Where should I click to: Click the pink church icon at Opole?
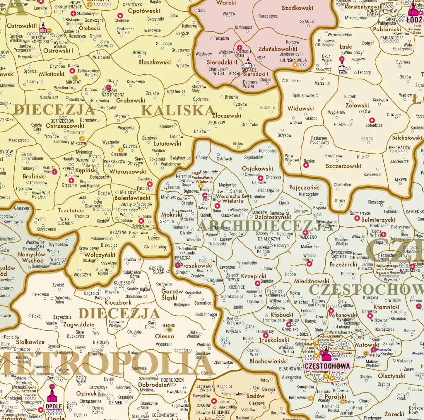52,395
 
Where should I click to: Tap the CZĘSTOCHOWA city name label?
327,366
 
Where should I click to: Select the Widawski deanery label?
300,108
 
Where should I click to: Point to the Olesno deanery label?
164,336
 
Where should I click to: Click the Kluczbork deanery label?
118,302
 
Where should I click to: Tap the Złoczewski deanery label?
227,115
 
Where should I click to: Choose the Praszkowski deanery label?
196,266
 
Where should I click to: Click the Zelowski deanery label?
357,105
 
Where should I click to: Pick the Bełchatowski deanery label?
407,138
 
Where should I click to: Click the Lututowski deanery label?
167,144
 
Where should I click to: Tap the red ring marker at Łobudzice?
372,120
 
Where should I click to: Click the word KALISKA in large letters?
178,111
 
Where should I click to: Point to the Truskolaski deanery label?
274,340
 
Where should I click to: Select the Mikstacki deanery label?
52,74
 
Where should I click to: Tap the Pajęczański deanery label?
305,187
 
